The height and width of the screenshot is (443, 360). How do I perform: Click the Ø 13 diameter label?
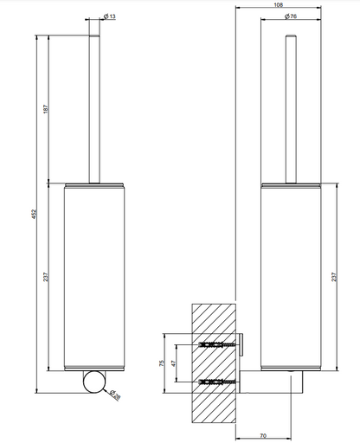click(x=109, y=16)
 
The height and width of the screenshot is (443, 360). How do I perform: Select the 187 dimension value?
click(x=46, y=109)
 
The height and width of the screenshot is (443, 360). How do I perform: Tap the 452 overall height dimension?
click(x=34, y=214)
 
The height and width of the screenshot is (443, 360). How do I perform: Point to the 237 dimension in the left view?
click(x=46, y=277)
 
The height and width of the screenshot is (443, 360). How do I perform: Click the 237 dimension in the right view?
click(x=334, y=277)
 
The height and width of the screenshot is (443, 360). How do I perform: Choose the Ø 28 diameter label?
click(x=115, y=395)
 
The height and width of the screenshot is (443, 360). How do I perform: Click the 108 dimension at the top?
click(x=279, y=5)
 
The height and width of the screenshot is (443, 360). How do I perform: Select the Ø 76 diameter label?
click(x=291, y=16)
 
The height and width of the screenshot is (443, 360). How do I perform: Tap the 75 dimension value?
click(x=162, y=363)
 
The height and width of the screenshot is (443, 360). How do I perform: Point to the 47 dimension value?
click(x=173, y=363)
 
